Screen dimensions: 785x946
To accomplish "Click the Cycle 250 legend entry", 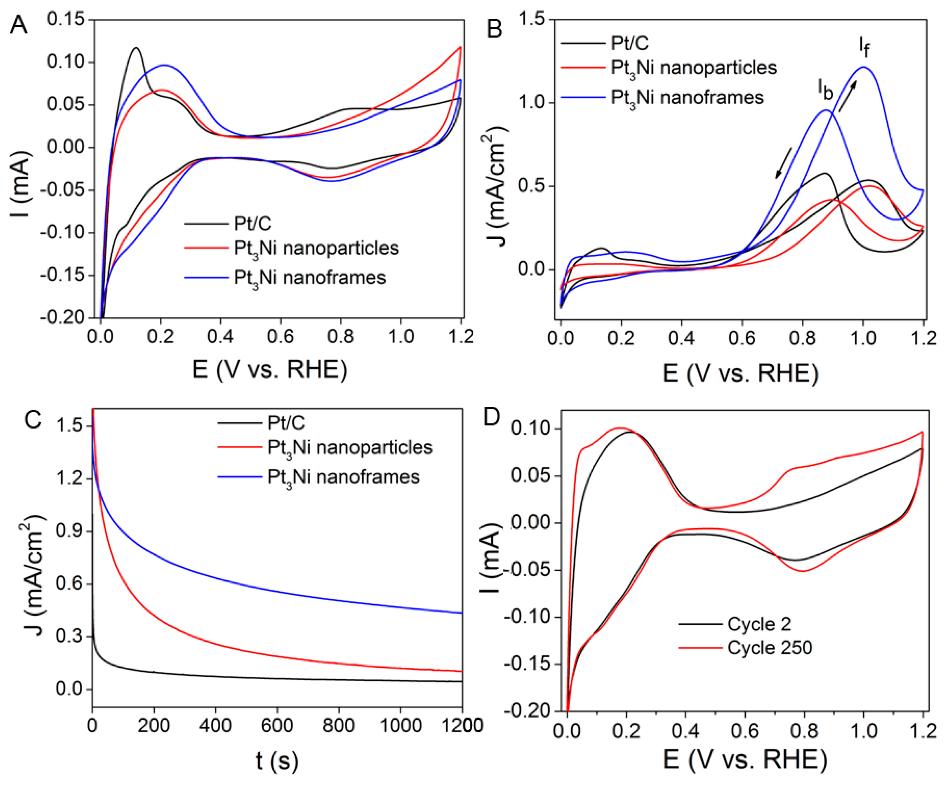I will point(769,648).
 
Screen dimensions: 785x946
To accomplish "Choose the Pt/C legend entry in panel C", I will point(286,423).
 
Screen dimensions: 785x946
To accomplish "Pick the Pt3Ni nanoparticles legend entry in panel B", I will point(693,68).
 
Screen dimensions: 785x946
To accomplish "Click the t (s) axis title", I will point(277,761).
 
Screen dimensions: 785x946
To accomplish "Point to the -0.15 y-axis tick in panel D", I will point(526,664).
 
